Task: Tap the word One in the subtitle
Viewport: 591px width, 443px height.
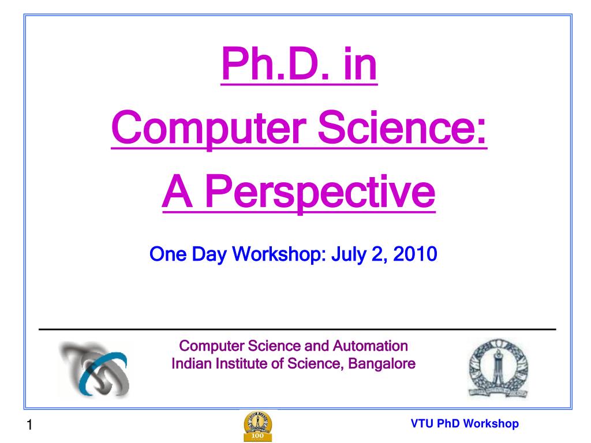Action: click(x=166, y=253)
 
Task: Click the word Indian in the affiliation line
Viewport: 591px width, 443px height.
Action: click(x=190, y=364)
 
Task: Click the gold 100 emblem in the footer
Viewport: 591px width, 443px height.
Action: click(x=258, y=425)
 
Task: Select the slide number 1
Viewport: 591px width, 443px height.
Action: click(x=28, y=426)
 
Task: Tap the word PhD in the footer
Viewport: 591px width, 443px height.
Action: click(x=448, y=424)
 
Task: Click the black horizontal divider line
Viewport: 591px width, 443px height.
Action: click(x=297, y=329)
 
